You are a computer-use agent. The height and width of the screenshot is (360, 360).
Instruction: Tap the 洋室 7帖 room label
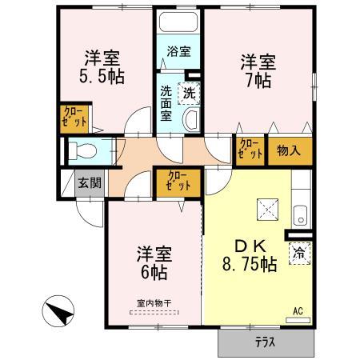(258, 70)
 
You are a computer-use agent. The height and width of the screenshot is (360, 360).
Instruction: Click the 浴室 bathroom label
(178, 51)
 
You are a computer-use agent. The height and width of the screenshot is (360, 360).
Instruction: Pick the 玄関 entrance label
(90, 182)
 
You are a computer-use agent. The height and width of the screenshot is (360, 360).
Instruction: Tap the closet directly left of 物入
(250, 150)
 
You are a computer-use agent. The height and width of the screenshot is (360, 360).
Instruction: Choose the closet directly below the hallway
(177, 181)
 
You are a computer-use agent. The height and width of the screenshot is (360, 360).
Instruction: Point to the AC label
(297, 310)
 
